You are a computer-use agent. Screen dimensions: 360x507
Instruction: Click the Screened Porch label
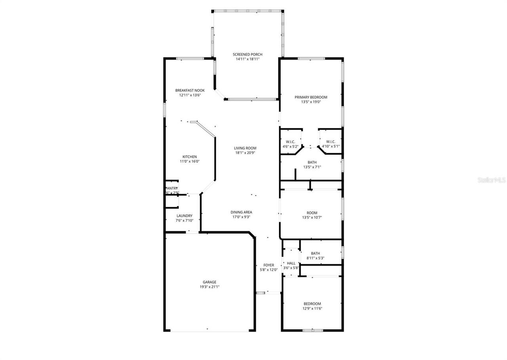tap(247, 54)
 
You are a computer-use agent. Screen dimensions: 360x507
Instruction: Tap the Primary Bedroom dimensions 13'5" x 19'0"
tap(311, 102)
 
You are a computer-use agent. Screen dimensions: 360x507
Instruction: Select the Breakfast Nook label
tap(190, 90)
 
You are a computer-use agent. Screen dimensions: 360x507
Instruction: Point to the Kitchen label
tap(189, 157)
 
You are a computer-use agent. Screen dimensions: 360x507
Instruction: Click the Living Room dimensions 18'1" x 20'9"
tap(245, 153)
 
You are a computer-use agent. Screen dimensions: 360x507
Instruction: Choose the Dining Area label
tap(241, 212)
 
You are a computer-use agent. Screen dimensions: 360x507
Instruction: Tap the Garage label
tap(209, 282)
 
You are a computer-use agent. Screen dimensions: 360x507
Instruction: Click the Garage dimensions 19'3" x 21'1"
tap(209, 287)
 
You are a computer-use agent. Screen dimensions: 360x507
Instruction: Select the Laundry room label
tap(185, 216)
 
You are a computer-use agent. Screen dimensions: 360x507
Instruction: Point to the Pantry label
tap(172, 188)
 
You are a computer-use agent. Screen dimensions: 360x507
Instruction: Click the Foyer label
tap(269, 265)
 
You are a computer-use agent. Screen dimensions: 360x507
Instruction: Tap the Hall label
tap(291, 263)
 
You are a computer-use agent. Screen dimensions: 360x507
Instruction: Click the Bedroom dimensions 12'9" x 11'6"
tap(312, 309)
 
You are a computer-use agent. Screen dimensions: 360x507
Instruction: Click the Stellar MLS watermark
tap(492, 180)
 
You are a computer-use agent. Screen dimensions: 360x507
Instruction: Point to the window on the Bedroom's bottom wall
tap(313, 330)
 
